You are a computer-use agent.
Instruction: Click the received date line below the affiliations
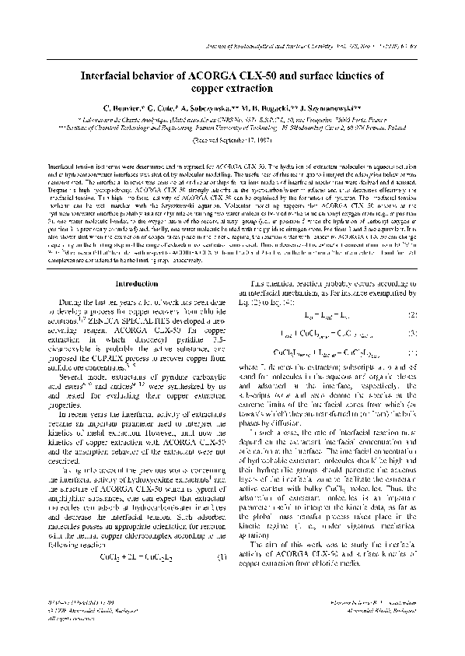coord(232,144)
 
